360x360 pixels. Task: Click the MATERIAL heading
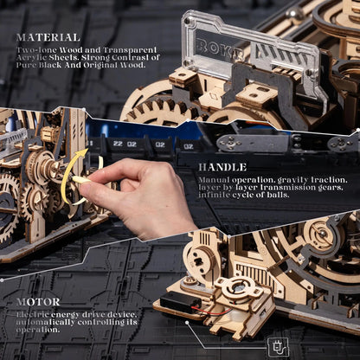(x=48, y=38)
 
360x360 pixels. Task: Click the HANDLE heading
(x=222, y=167)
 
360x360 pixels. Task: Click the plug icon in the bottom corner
(x=279, y=345)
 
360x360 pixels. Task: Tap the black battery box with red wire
(x=180, y=303)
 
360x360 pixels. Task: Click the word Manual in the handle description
(x=212, y=180)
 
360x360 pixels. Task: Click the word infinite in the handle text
(x=213, y=195)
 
